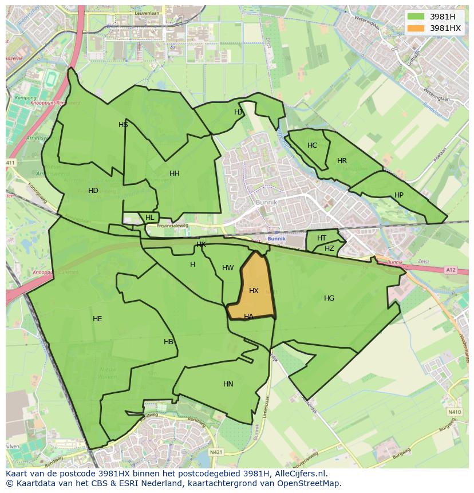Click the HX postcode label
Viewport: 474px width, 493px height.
(254, 291)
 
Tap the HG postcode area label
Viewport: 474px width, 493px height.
(329, 298)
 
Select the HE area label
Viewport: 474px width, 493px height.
(97, 318)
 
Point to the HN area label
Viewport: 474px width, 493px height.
(228, 384)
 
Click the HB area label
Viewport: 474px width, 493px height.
(168, 342)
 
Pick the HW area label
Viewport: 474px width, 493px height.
(228, 268)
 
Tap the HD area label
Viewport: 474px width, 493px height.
(93, 191)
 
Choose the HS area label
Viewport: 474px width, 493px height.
(123, 124)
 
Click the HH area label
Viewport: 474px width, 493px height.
(175, 173)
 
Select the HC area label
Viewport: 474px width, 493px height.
(312, 145)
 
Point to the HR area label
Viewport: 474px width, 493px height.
(342, 161)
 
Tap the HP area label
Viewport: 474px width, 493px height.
(399, 195)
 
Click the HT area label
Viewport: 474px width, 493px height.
(322, 238)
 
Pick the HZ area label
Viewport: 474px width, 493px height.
(329, 249)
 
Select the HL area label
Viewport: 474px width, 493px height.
(150, 218)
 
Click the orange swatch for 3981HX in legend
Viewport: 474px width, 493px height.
(416, 28)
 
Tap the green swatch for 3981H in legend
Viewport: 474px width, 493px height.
(416, 16)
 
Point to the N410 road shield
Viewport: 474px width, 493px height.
(455, 412)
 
